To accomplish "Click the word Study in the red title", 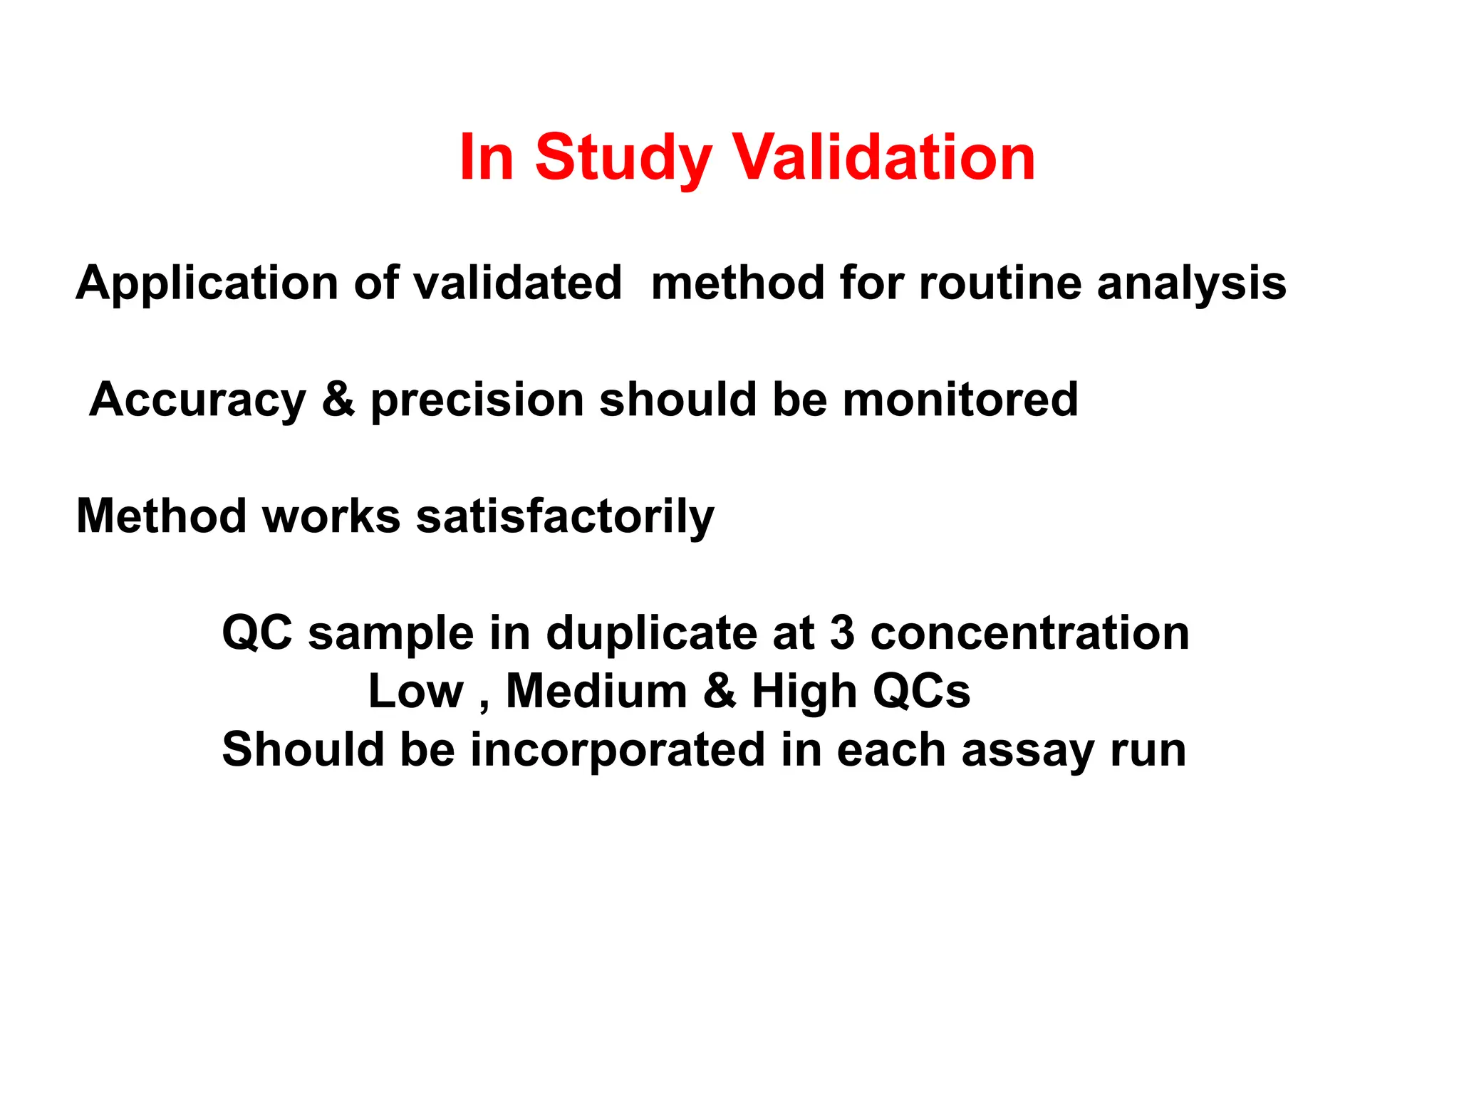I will (x=623, y=158).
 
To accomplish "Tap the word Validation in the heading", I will (x=884, y=158).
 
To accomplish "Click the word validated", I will (x=518, y=283).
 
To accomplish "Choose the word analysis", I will (x=1191, y=283).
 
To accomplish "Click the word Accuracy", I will (x=197, y=400).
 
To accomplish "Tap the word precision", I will (x=477, y=401).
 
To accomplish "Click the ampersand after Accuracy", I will (x=338, y=400).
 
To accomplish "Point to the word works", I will (x=331, y=516).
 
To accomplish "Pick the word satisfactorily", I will (x=565, y=516).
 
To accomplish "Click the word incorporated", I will (x=618, y=750).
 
